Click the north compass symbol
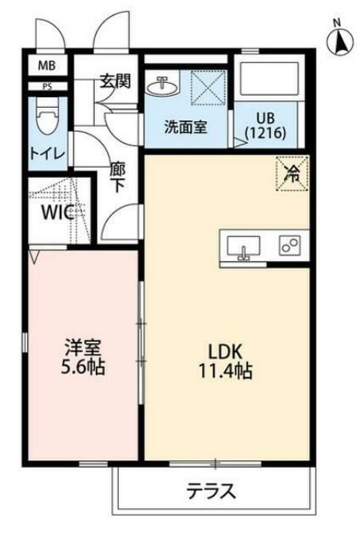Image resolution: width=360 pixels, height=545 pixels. tap(338, 37)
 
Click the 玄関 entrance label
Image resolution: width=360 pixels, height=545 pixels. tap(114, 81)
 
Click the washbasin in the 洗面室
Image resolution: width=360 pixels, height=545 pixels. tap(164, 83)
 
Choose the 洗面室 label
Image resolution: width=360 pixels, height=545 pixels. tap(186, 126)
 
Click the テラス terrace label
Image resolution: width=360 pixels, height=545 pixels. tap(212, 491)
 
